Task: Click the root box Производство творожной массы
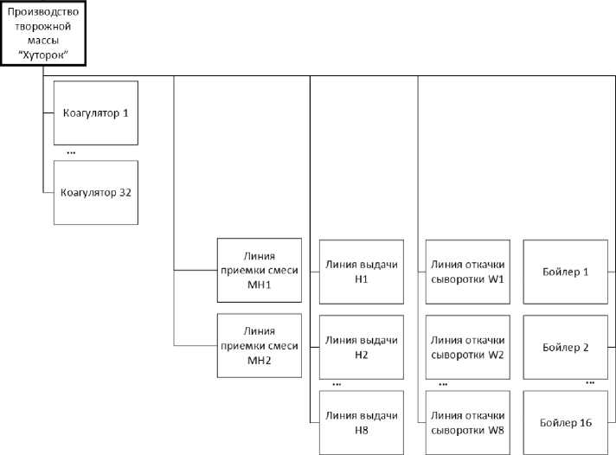tap(42, 33)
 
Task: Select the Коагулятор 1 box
tap(96, 112)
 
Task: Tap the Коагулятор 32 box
tap(96, 192)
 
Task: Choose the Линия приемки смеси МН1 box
tap(260, 270)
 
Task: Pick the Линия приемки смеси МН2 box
tap(260, 345)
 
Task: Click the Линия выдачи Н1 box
tap(362, 271)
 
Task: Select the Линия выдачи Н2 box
tap(362, 347)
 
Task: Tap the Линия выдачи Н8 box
tap(362, 422)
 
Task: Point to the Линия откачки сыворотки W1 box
tap(467, 271)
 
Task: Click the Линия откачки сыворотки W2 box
tap(467, 347)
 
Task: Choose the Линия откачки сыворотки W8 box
tap(467, 422)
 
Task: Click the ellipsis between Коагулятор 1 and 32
tap(71, 153)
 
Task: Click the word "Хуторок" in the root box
tap(42, 54)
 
